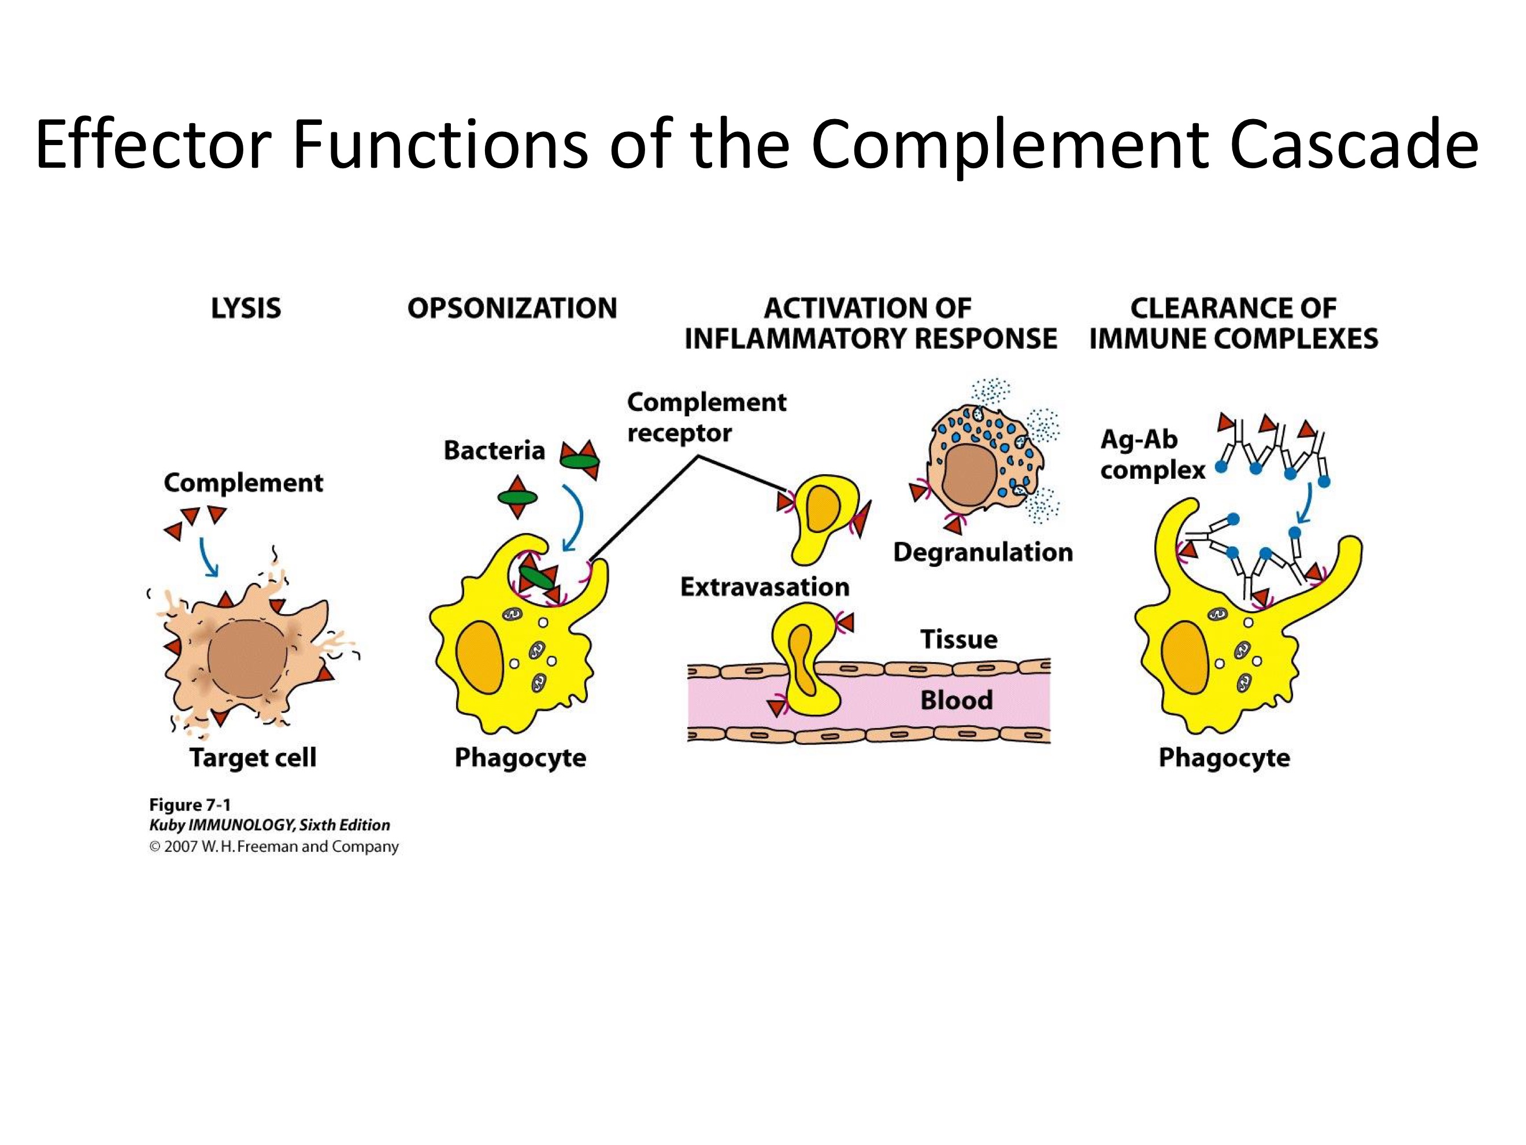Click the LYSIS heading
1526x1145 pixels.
pos(246,308)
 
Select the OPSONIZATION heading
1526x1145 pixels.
pos(512,308)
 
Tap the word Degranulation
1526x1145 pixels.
pos(983,552)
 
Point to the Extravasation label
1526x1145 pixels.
pos(764,586)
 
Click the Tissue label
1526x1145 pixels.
pos(958,639)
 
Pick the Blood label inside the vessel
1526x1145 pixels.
pos(956,700)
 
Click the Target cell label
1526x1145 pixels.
pos(253,757)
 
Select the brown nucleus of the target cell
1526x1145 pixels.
pos(247,659)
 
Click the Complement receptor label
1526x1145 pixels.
pos(706,417)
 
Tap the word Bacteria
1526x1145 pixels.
pos(494,450)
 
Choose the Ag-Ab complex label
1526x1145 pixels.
pos(1151,454)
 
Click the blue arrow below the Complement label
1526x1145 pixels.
pos(208,557)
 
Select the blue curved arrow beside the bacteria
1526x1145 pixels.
pos(574,518)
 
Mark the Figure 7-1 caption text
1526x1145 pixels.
pos(190,805)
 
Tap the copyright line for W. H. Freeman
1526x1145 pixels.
pos(274,847)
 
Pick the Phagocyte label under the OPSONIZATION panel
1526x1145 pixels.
pos(520,757)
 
